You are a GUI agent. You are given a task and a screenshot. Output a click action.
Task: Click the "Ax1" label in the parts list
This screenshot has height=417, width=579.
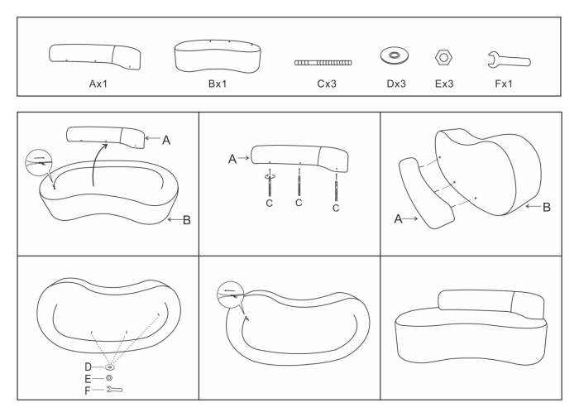[96, 83]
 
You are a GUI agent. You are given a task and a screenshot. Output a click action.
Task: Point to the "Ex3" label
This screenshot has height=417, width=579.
[443, 83]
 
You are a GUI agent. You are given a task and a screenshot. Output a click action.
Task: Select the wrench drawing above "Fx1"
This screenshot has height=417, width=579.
[509, 58]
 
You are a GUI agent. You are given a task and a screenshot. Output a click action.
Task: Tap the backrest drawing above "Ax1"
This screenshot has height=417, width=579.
[96, 55]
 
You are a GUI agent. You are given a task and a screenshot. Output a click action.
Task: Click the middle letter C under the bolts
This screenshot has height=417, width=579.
[299, 204]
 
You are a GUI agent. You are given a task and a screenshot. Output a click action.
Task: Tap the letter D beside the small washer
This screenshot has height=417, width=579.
[88, 366]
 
